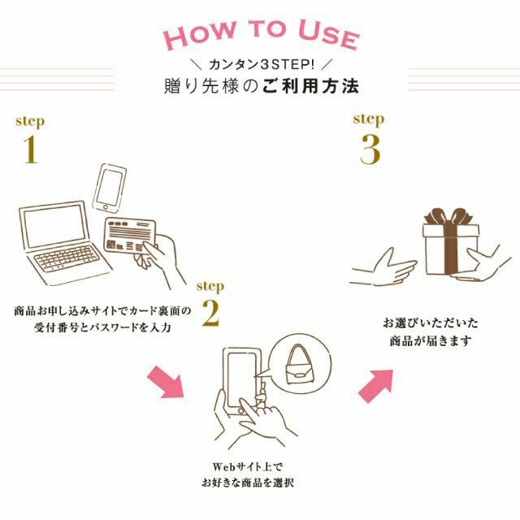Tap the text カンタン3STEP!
(x=260, y=63)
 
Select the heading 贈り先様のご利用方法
(x=260, y=85)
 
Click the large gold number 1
(x=29, y=150)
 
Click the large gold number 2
(x=210, y=315)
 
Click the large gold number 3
(x=370, y=149)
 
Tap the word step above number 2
(x=210, y=286)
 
